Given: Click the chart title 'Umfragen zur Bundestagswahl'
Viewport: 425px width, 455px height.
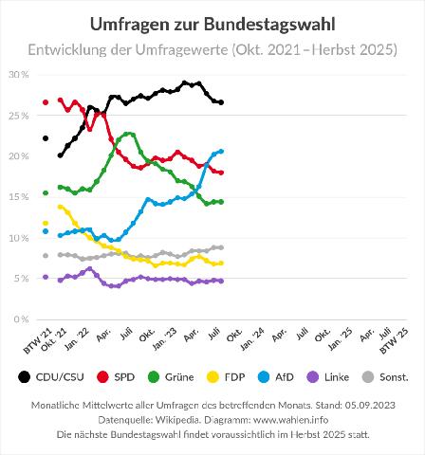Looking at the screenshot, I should coord(212,22).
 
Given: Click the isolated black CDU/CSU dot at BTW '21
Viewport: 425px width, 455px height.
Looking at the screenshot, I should coord(46,138).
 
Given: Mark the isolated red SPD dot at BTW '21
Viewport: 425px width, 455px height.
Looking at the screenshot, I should coord(46,102).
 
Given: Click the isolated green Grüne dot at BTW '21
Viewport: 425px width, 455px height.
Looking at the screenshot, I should coord(46,193).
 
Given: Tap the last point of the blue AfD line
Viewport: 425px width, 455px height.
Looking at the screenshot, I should coord(221,152).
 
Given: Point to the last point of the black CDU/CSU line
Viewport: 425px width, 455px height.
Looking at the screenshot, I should coord(221,102).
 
